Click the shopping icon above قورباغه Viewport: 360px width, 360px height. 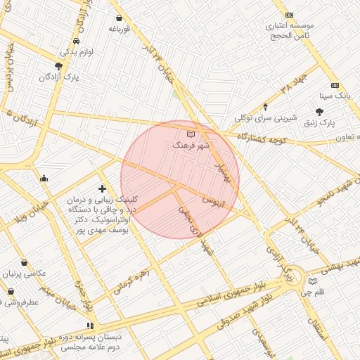click(118, 18)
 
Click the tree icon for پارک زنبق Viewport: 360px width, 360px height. click(320, 112)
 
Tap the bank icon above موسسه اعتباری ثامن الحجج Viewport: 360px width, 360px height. click(288, 15)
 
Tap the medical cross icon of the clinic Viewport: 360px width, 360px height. click(103, 188)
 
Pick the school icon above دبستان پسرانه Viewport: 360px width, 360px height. click(89, 326)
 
